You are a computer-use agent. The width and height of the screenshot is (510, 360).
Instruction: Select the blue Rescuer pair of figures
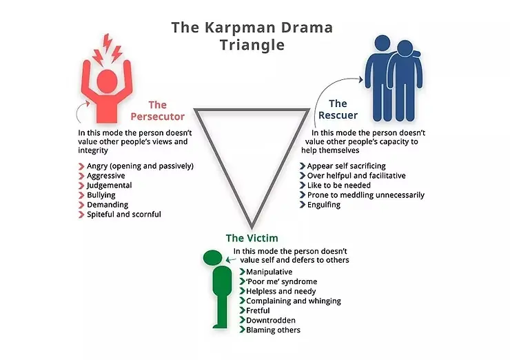pyautogui.click(x=390, y=79)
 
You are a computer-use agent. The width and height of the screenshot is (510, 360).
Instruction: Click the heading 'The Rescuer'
pyautogui.click(x=332, y=110)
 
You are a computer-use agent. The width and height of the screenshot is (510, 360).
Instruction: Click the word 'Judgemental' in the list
pyautogui.click(x=110, y=186)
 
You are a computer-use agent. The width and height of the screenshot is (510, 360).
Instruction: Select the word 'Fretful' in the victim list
pyautogui.click(x=258, y=310)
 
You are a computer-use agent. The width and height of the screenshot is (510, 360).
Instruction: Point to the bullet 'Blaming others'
pyautogui.click(x=273, y=330)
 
